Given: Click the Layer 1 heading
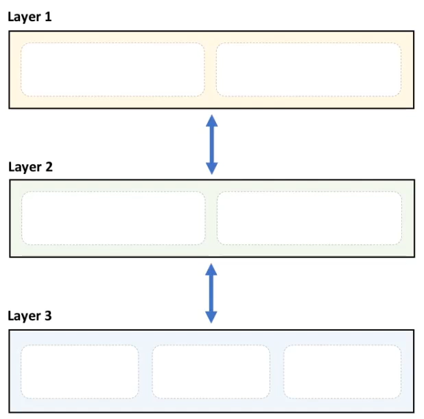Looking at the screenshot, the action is coord(30,17).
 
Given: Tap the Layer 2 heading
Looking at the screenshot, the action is coord(31,167).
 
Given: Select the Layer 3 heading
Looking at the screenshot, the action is coord(30,316).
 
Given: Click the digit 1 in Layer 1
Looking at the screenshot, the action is coord(48,16).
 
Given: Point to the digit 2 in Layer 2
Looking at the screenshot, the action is coord(49,166).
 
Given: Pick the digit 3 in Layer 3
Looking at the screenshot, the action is coord(48,316).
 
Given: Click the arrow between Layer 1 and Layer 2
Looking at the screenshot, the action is coord(212,144).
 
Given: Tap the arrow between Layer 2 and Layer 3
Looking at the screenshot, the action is coord(211,293).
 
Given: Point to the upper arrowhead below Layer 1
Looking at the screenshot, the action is coord(212,120).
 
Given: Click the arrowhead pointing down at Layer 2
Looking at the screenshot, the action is coord(212,168).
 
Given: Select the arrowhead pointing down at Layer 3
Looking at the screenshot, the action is coord(211,317).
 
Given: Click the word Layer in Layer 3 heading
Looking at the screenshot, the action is coord(24,316).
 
